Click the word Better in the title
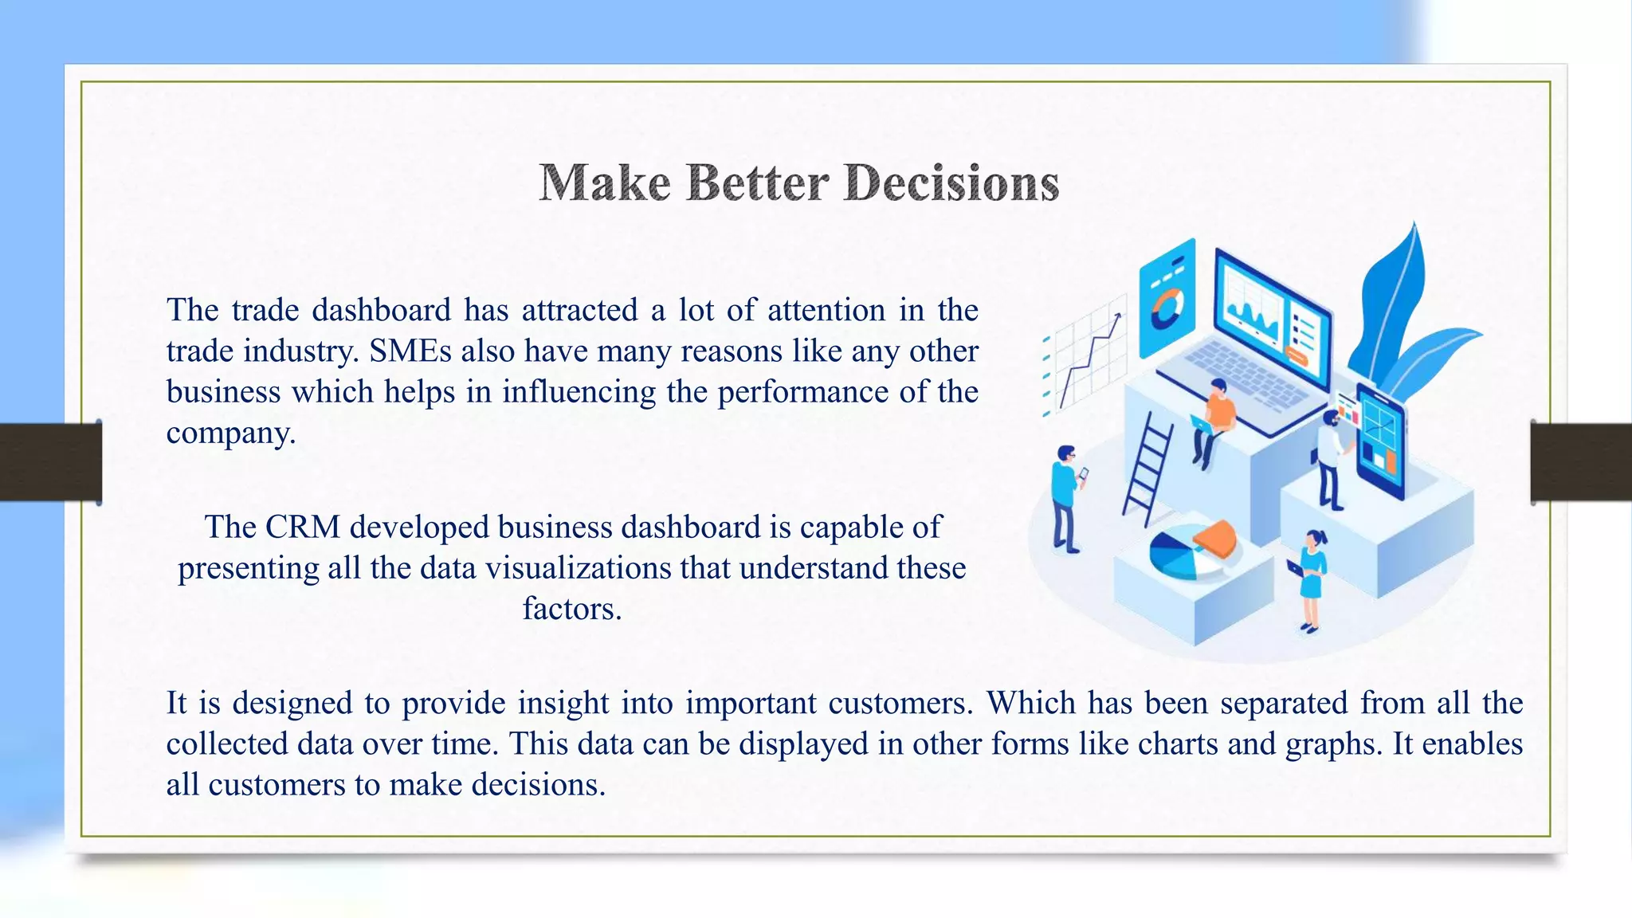point(757,183)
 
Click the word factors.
point(571,609)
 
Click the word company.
point(230,433)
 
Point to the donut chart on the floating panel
point(1167,310)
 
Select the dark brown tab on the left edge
point(50,462)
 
